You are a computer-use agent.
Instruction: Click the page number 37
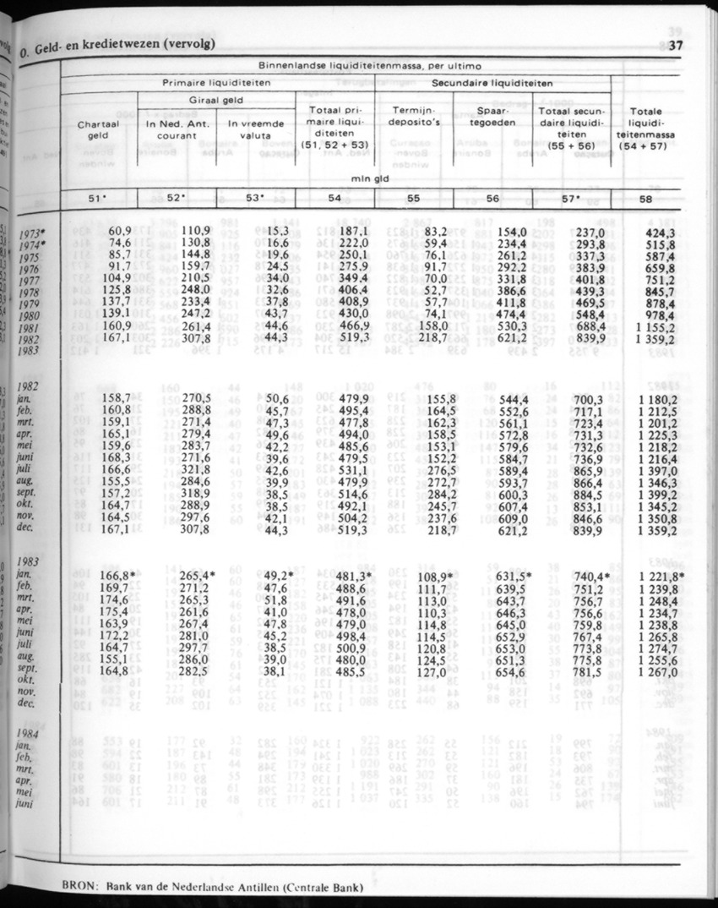[674, 46]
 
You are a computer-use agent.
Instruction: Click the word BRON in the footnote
[80, 887]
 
